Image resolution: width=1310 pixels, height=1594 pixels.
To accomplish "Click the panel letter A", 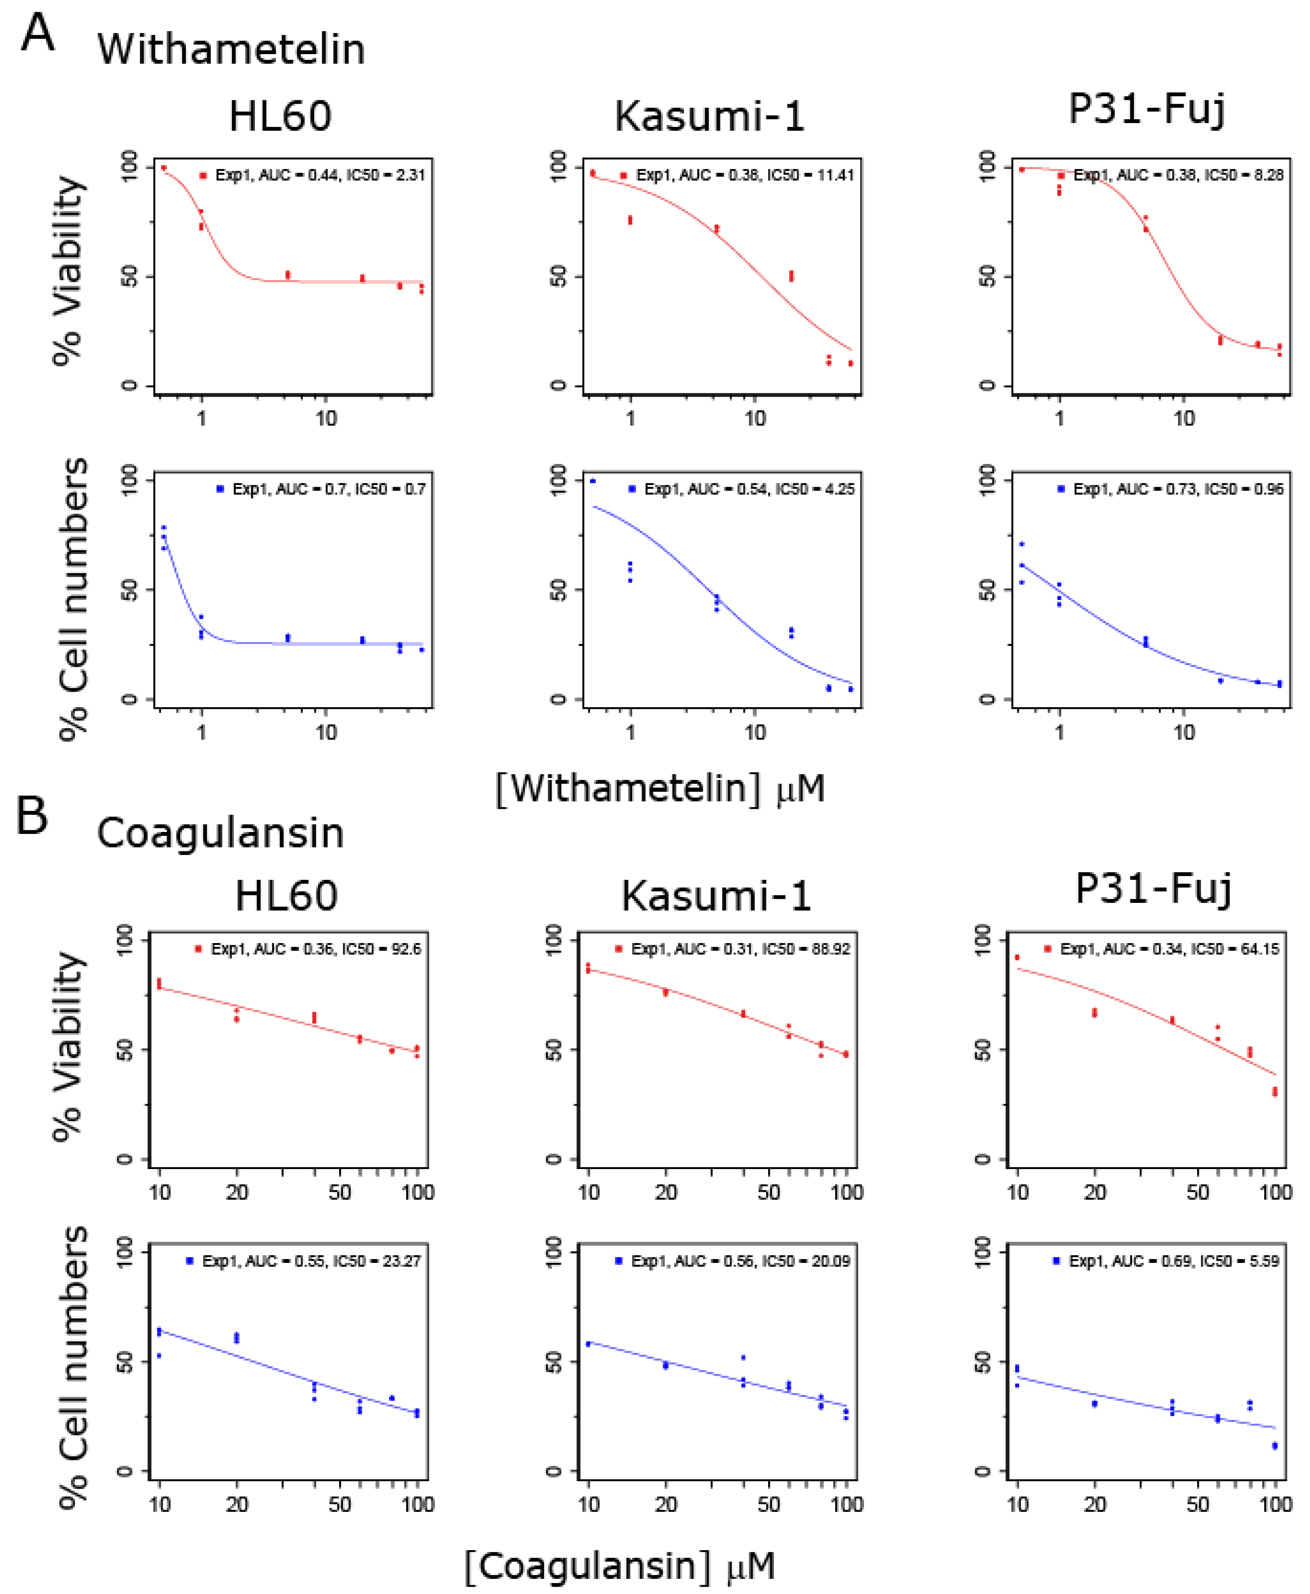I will coord(38,34).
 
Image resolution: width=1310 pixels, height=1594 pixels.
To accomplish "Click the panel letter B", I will coord(32,817).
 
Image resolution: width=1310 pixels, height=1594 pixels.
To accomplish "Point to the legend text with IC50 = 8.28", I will coord(1177,175).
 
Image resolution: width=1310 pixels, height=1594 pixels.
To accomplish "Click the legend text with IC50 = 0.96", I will coord(1177,489).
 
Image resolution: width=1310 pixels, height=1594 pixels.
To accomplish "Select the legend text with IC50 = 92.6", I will coord(316,949).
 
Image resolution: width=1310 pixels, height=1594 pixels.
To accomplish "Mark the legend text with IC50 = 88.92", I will coord(740,949).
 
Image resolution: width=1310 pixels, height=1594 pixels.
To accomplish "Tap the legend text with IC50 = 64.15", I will coord(1169,949).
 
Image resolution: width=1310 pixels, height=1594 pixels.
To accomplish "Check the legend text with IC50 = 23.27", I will coord(311,1261).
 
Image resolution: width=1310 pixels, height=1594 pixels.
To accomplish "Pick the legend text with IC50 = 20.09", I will coord(740,1261).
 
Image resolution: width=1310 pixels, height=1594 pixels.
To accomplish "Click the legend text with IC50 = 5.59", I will coord(1173,1261).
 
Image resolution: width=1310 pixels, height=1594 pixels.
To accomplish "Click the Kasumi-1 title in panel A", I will coord(709,117).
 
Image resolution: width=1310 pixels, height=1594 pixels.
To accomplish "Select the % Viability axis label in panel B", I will coord(68,1047).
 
